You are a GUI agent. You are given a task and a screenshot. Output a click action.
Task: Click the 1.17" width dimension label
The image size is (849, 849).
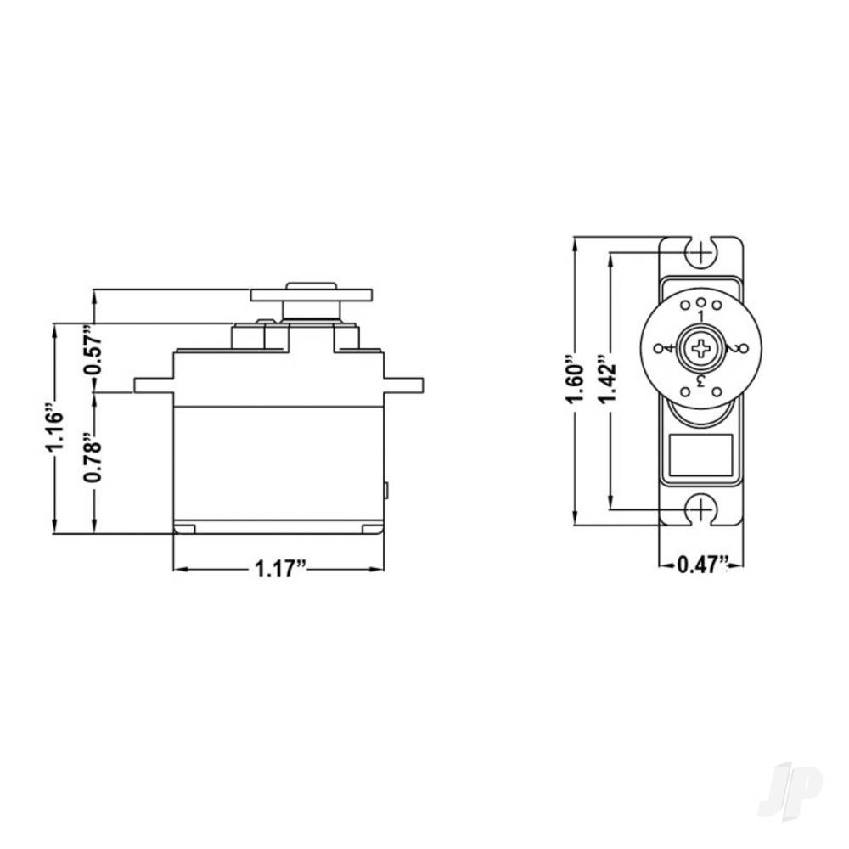point(280,570)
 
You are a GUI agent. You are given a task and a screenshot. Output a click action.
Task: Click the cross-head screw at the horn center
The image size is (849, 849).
point(701,348)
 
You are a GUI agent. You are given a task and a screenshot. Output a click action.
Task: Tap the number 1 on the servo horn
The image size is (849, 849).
point(701,317)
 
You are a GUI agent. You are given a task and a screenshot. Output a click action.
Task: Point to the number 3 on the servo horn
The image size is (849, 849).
point(701,380)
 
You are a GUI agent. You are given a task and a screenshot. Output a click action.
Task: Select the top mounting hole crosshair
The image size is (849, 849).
point(701,251)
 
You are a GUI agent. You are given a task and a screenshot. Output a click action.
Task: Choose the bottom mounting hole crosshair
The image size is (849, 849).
point(701,509)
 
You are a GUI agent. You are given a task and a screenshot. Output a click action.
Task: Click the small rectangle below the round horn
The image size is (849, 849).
point(701,456)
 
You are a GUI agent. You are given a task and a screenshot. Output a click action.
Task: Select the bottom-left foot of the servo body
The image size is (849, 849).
point(184,529)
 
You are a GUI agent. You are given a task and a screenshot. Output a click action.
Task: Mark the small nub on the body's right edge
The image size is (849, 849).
point(386,490)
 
